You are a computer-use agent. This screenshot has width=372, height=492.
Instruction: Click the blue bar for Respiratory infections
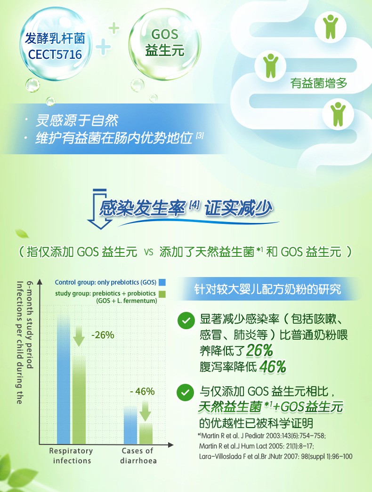coord(64,380)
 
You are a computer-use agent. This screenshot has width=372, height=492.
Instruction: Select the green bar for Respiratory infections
coord(79,399)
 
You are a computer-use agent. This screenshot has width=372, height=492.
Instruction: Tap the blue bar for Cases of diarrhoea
coord(130,425)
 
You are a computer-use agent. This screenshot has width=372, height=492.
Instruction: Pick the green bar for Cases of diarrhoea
coord(146,434)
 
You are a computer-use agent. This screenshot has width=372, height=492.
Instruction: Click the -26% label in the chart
coord(103,335)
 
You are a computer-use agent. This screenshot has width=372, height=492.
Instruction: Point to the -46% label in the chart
coord(142,391)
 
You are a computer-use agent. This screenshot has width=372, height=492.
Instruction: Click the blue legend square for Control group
coord(162,282)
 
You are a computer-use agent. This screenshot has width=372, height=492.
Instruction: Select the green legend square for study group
coord(162,294)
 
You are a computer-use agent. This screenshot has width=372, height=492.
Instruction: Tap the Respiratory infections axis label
coord(71,456)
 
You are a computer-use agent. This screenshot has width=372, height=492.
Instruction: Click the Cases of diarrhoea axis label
coord(138,456)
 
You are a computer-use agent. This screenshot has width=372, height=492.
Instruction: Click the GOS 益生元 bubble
coord(165,44)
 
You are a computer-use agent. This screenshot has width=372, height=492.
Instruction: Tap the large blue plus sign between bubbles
coord(104,48)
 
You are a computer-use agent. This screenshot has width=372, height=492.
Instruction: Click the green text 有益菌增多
coord(318,83)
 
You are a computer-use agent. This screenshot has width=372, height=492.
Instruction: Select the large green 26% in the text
coord(259,350)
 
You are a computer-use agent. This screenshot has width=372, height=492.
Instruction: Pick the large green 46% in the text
coord(272,366)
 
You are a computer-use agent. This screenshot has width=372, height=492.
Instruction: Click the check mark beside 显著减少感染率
coord(186,320)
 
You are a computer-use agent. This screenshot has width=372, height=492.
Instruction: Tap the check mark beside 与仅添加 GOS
coord(186,393)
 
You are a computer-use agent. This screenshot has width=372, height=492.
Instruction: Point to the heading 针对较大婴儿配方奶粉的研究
coord(267,289)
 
